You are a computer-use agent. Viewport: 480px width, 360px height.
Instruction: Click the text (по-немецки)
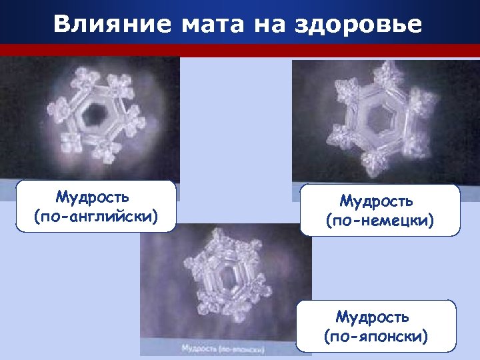pyautogui.click(x=380, y=220)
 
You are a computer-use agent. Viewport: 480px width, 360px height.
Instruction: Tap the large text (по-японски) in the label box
pyautogui.click(x=376, y=335)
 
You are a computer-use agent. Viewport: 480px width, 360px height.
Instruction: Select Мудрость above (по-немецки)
pyautogui.click(x=377, y=201)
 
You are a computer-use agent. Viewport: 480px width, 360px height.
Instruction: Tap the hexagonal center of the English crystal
pyautogui.click(x=97, y=113)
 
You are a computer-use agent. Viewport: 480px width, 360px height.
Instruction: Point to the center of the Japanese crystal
pyautogui.click(x=229, y=273)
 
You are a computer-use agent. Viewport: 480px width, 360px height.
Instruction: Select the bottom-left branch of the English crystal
pyautogui.click(x=70, y=142)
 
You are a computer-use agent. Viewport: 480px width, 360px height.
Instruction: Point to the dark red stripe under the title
pyautogui.click(x=240, y=50)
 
